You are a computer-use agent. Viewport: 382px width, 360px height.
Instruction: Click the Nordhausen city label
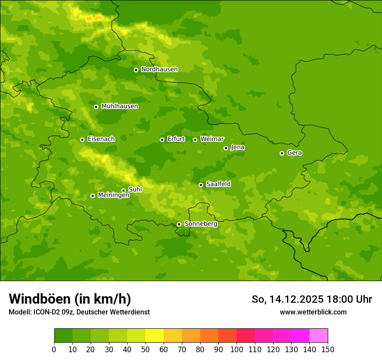pyautogui.click(x=159, y=69)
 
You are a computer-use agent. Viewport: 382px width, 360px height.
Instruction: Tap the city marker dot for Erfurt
pyautogui.click(x=162, y=140)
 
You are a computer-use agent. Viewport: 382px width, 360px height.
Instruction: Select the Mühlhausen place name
pyautogui.click(x=119, y=106)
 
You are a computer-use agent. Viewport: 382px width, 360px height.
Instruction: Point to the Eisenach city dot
pyautogui.click(x=82, y=140)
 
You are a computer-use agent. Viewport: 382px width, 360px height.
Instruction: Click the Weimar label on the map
pyautogui.click(x=212, y=139)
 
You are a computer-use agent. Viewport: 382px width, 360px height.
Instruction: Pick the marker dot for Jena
pyautogui.click(x=226, y=148)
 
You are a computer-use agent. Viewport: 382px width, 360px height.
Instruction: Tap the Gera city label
pyautogui.click(x=294, y=153)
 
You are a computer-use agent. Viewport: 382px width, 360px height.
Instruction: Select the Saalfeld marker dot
pyautogui.click(x=201, y=185)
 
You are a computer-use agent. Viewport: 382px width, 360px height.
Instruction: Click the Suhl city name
pyautogui.click(x=135, y=190)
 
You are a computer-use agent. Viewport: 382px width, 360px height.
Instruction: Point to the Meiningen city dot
pyautogui.click(x=92, y=196)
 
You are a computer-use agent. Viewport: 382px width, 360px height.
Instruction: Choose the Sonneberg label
pyautogui.click(x=201, y=224)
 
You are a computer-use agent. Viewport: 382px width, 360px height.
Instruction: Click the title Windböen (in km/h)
pyautogui.click(x=70, y=299)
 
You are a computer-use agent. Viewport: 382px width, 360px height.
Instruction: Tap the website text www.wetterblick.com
pyautogui.click(x=313, y=312)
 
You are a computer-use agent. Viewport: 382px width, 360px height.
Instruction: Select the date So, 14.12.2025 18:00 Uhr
pyautogui.click(x=312, y=299)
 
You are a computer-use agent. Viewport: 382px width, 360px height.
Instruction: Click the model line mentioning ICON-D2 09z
pyautogui.click(x=79, y=312)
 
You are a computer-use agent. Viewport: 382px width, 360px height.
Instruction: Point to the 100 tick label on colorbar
pyautogui.click(x=237, y=349)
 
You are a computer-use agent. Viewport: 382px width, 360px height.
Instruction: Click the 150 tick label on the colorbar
pyautogui.click(x=328, y=349)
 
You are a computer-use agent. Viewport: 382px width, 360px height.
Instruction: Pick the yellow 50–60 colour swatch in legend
pyautogui.click(x=155, y=336)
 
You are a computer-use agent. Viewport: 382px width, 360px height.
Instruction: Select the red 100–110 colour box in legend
pyautogui.click(x=246, y=336)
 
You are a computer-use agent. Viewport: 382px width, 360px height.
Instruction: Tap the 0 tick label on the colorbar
pyautogui.click(x=54, y=349)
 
